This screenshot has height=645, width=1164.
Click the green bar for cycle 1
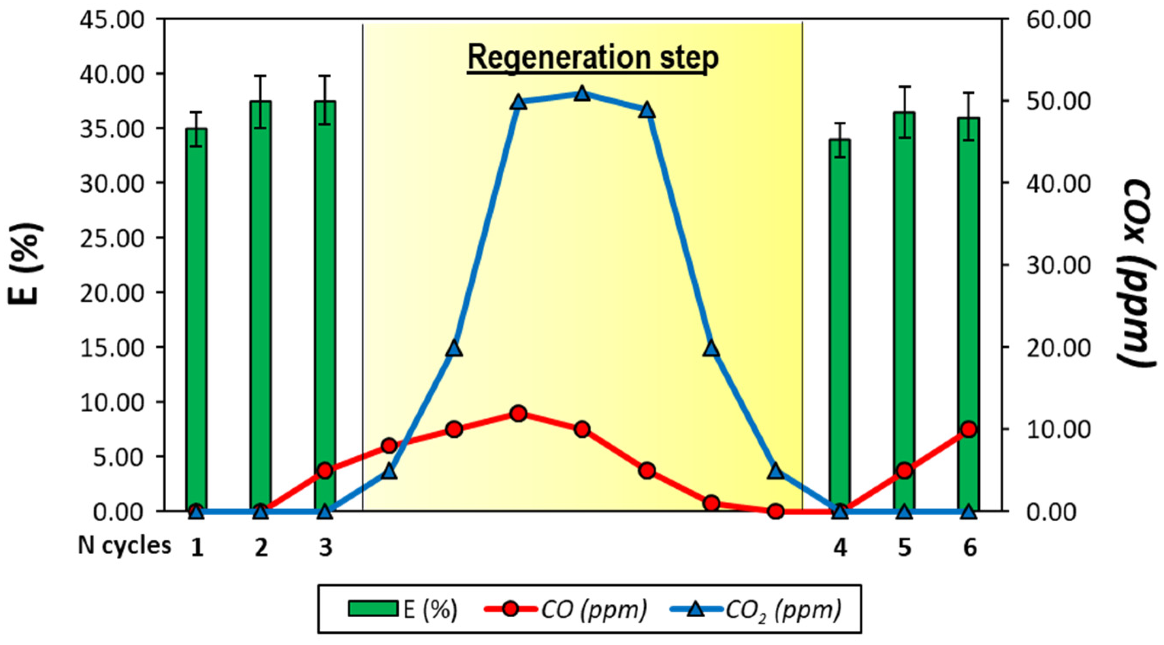(196, 316)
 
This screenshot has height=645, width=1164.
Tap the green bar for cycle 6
(969, 312)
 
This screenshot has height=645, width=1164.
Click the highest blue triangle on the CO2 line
(582, 94)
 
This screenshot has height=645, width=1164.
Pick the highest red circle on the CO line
(519, 413)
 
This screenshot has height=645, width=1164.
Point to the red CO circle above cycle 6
(969, 429)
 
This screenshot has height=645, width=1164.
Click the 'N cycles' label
(125, 546)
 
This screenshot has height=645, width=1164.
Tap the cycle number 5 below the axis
(904, 548)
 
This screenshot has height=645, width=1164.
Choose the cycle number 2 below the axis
(261, 548)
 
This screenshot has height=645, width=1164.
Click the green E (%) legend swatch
(373, 608)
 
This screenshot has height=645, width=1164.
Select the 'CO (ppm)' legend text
(594, 609)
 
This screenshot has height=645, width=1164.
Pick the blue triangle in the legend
(696, 609)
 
